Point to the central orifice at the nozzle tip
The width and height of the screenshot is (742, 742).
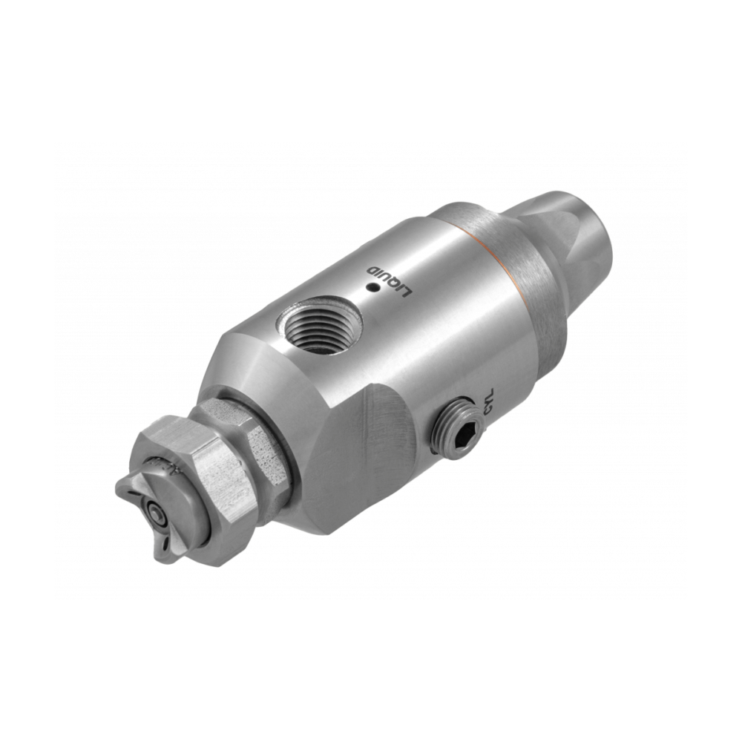pyautogui.click(x=153, y=511)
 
